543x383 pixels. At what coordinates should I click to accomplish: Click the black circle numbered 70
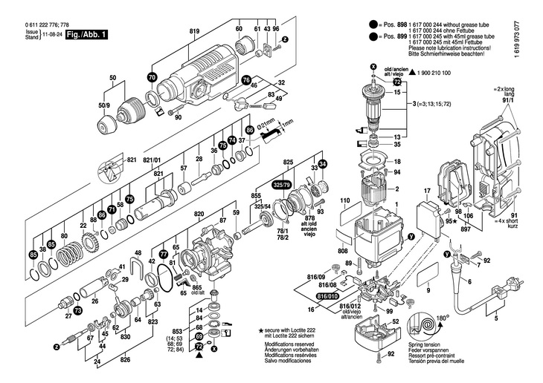tap(152, 77)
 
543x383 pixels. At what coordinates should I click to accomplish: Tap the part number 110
tap(345, 202)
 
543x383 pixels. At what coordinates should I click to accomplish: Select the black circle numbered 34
tap(322, 163)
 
